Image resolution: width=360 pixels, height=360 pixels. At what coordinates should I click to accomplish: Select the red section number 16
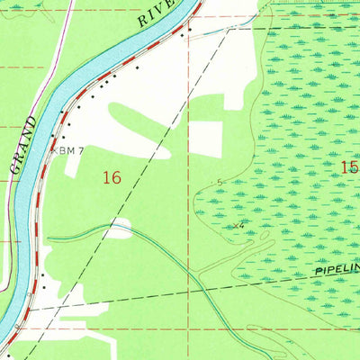tap(112, 178)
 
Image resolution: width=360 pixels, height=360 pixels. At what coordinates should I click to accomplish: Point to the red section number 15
tap(349, 167)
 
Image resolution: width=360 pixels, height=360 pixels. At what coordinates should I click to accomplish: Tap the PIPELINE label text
tap(337, 269)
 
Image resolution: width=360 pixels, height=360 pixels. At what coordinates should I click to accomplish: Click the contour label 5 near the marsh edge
tap(220, 182)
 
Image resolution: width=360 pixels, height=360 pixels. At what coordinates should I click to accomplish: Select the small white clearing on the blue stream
tap(120, 225)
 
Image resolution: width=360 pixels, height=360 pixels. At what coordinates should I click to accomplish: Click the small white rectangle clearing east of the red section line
tap(206, 136)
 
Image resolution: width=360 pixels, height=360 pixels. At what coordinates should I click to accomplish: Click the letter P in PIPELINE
tap(318, 272)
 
